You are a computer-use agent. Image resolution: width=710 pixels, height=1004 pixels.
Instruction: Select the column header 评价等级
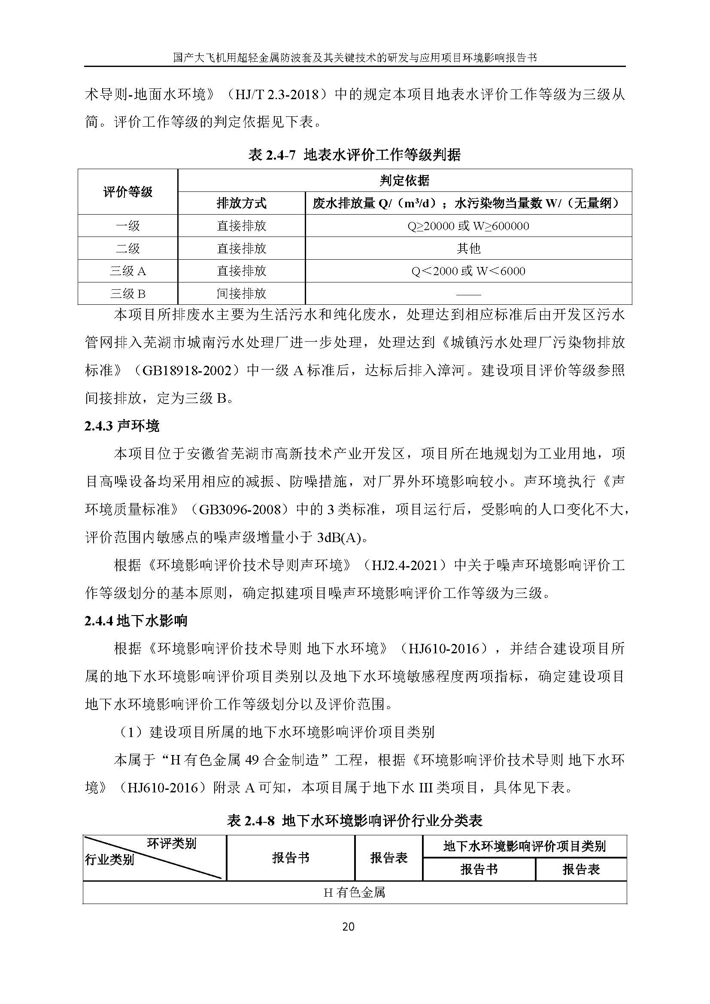(127, 191)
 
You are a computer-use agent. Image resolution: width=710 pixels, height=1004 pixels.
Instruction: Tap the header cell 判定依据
(404, 180)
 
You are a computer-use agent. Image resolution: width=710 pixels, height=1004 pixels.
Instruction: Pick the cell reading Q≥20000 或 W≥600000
(468, 226)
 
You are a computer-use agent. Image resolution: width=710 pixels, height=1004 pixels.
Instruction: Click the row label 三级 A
(127, 271)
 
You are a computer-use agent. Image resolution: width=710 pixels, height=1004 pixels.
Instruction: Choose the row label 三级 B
(127, 294)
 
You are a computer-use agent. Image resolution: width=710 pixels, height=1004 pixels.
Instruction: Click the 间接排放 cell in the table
(241, 294)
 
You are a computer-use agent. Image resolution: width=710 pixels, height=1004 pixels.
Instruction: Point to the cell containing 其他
(468, 249)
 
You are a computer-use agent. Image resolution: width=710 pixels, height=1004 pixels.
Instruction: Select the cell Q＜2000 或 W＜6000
(468, 271)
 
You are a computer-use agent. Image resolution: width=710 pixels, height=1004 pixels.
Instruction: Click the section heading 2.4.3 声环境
(122, 426)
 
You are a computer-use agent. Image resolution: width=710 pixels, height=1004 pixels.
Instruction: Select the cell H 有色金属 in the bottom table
(354, 892)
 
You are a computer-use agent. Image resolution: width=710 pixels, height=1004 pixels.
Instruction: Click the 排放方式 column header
(241, 203)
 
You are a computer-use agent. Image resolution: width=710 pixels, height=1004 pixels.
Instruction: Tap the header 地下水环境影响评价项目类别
(524, 846)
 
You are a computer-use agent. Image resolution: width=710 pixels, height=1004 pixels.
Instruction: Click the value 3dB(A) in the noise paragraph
(339, 537)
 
